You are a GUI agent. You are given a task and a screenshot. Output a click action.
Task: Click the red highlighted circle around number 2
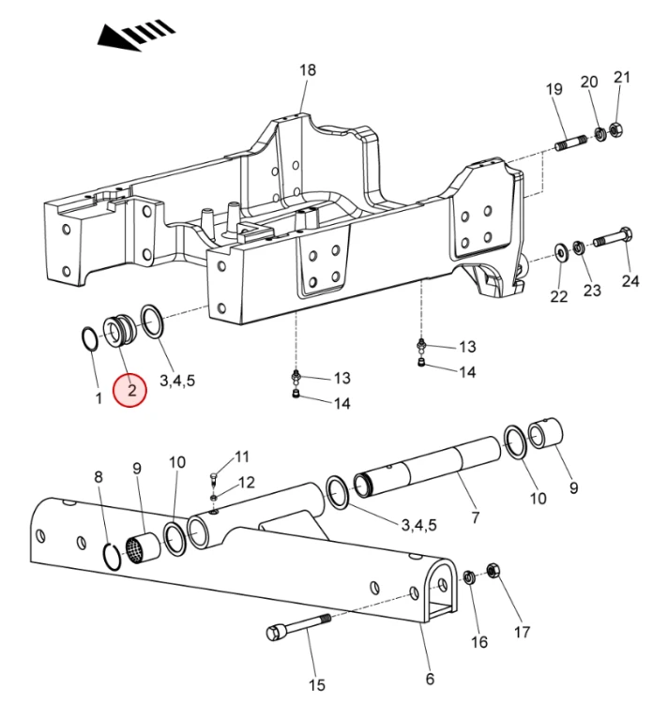coord(130,391)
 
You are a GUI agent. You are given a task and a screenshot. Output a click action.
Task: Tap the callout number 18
coord(308,70)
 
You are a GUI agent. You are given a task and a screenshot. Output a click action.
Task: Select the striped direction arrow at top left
coord(136,35)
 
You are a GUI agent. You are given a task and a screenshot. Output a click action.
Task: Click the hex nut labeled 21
coord(616,129)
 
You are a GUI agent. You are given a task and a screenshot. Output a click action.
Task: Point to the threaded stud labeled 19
coord(570,142)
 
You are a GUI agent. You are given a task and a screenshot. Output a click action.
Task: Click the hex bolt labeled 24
coord(614,238)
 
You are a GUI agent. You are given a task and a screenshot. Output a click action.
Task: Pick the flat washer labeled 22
coord(561,253)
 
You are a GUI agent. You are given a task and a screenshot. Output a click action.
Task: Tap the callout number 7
coord(475,517)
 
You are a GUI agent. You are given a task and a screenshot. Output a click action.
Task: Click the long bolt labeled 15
coord(298,626)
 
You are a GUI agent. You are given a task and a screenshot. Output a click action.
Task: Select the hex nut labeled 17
coord(493,571)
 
